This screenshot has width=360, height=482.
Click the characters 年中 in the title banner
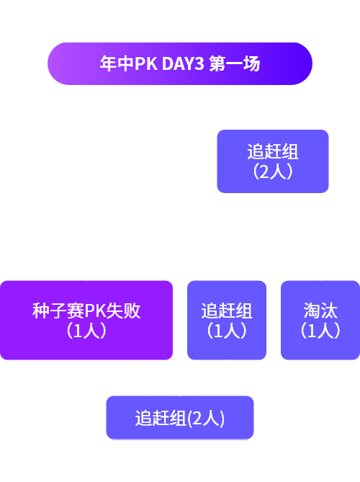(117, 63)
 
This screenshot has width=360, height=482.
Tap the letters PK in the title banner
(146, 63)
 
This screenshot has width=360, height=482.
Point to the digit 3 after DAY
(199, 63)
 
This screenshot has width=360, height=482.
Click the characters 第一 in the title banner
(226, 63)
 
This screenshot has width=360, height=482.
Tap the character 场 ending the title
(251, 63)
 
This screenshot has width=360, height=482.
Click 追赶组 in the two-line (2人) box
(273, 151)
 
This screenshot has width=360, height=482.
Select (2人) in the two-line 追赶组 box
(273, 171)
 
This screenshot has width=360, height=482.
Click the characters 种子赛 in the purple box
(58, 311)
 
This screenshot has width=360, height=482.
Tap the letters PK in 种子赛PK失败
(94, 311)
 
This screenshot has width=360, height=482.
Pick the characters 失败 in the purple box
(123, 311)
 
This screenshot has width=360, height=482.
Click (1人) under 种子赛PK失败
(86, 331)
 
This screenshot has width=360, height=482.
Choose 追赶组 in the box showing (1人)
(227, 311)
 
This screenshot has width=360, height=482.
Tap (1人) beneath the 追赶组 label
(227, 331)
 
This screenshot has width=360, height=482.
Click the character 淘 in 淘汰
(312, 311)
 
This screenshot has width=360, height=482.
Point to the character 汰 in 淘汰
(329, 311)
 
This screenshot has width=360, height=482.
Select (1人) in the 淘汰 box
(320, 331)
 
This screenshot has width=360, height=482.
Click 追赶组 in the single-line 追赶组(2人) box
(161, 418)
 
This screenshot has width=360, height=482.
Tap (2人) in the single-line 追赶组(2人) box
(206, 418)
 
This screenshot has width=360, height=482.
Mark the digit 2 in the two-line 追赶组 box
(264, 171)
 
